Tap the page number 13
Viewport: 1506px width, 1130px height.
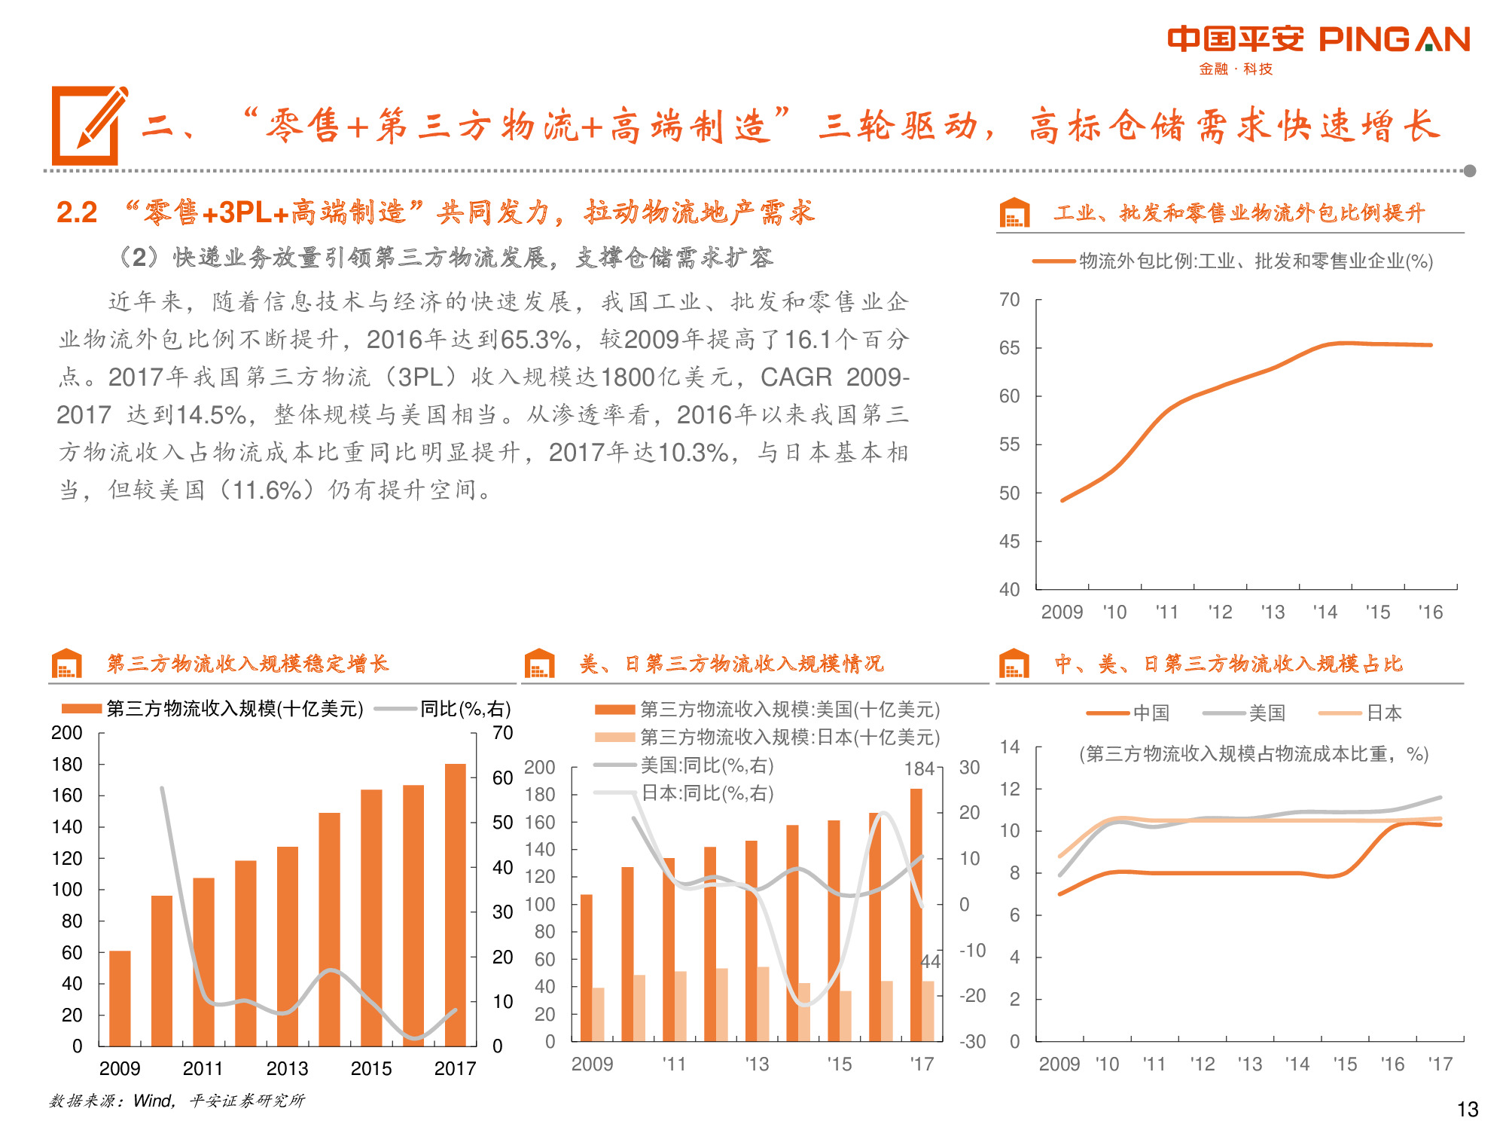1467,1110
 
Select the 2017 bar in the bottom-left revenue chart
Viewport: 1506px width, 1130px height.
456,904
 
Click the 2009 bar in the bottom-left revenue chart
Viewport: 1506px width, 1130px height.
120,997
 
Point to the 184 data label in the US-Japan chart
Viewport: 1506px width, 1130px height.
919,769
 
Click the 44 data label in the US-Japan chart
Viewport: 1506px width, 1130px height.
931,961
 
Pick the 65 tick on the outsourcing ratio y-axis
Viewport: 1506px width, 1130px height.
1009,348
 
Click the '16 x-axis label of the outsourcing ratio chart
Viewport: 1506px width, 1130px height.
1430,612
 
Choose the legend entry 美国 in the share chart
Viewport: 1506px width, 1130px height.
1267,713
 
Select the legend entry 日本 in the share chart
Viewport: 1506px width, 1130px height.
1384,713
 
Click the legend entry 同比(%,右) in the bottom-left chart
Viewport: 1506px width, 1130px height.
465,709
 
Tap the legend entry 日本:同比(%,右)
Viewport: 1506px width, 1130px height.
706,793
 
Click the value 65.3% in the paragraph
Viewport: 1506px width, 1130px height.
535,340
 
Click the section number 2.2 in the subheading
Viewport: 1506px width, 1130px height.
77,212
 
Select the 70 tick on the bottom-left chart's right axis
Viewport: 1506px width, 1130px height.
502,733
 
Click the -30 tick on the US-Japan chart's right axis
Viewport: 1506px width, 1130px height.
972,1042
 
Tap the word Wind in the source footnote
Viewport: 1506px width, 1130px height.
152,1101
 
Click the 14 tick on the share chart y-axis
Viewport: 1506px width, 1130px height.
1010,747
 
